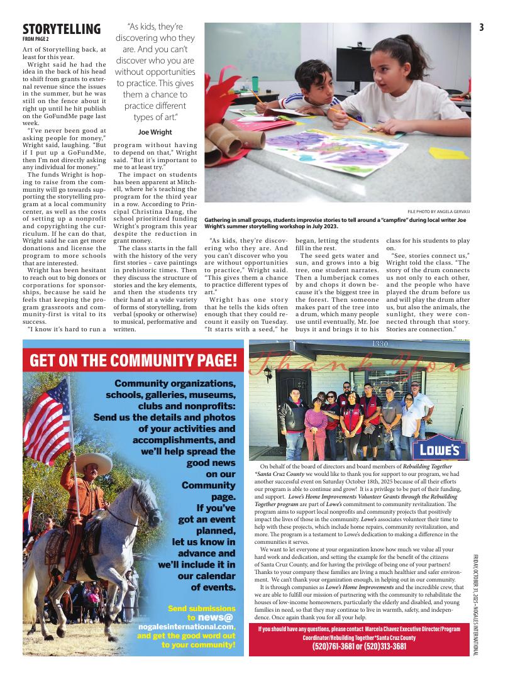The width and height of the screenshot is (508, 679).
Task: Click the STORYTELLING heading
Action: coord(61,29)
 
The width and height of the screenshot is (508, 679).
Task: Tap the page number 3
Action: coord(480,27)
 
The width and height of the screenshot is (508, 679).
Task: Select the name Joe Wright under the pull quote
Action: coord(155,132)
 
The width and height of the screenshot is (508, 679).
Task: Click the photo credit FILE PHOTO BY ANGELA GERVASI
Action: coord(438,211)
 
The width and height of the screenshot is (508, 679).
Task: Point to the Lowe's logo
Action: coord(439,449)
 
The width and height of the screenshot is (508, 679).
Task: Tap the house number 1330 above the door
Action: coord(380,344)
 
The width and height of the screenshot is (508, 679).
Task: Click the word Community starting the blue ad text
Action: coord(144,384)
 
